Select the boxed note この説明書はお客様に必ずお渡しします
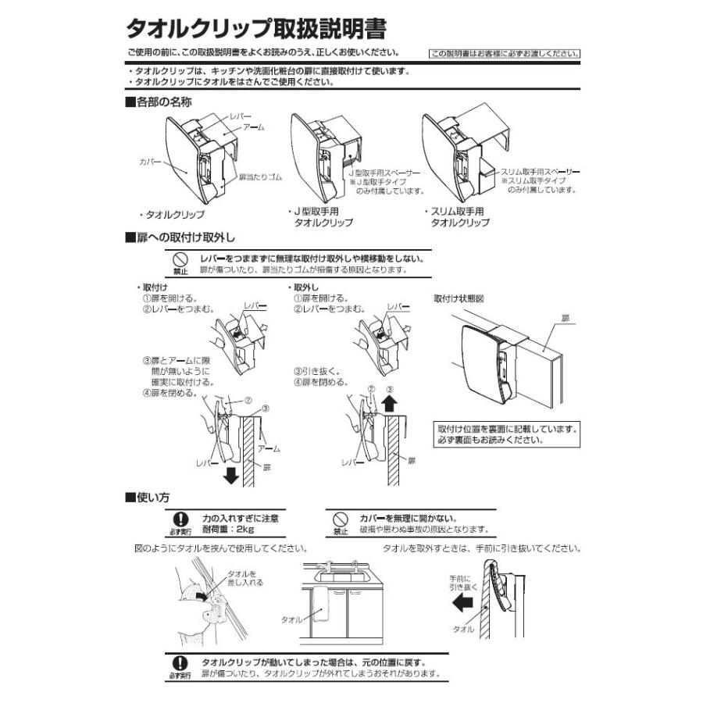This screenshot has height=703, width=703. [x=505, y=55]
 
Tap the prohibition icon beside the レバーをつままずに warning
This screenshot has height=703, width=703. [x=180, y=259]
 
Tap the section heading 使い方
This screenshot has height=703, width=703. [x=148, y=497]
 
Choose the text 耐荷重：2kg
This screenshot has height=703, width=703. [x=230, y=529]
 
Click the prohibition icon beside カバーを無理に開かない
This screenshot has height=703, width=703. [x=340, y=519]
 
